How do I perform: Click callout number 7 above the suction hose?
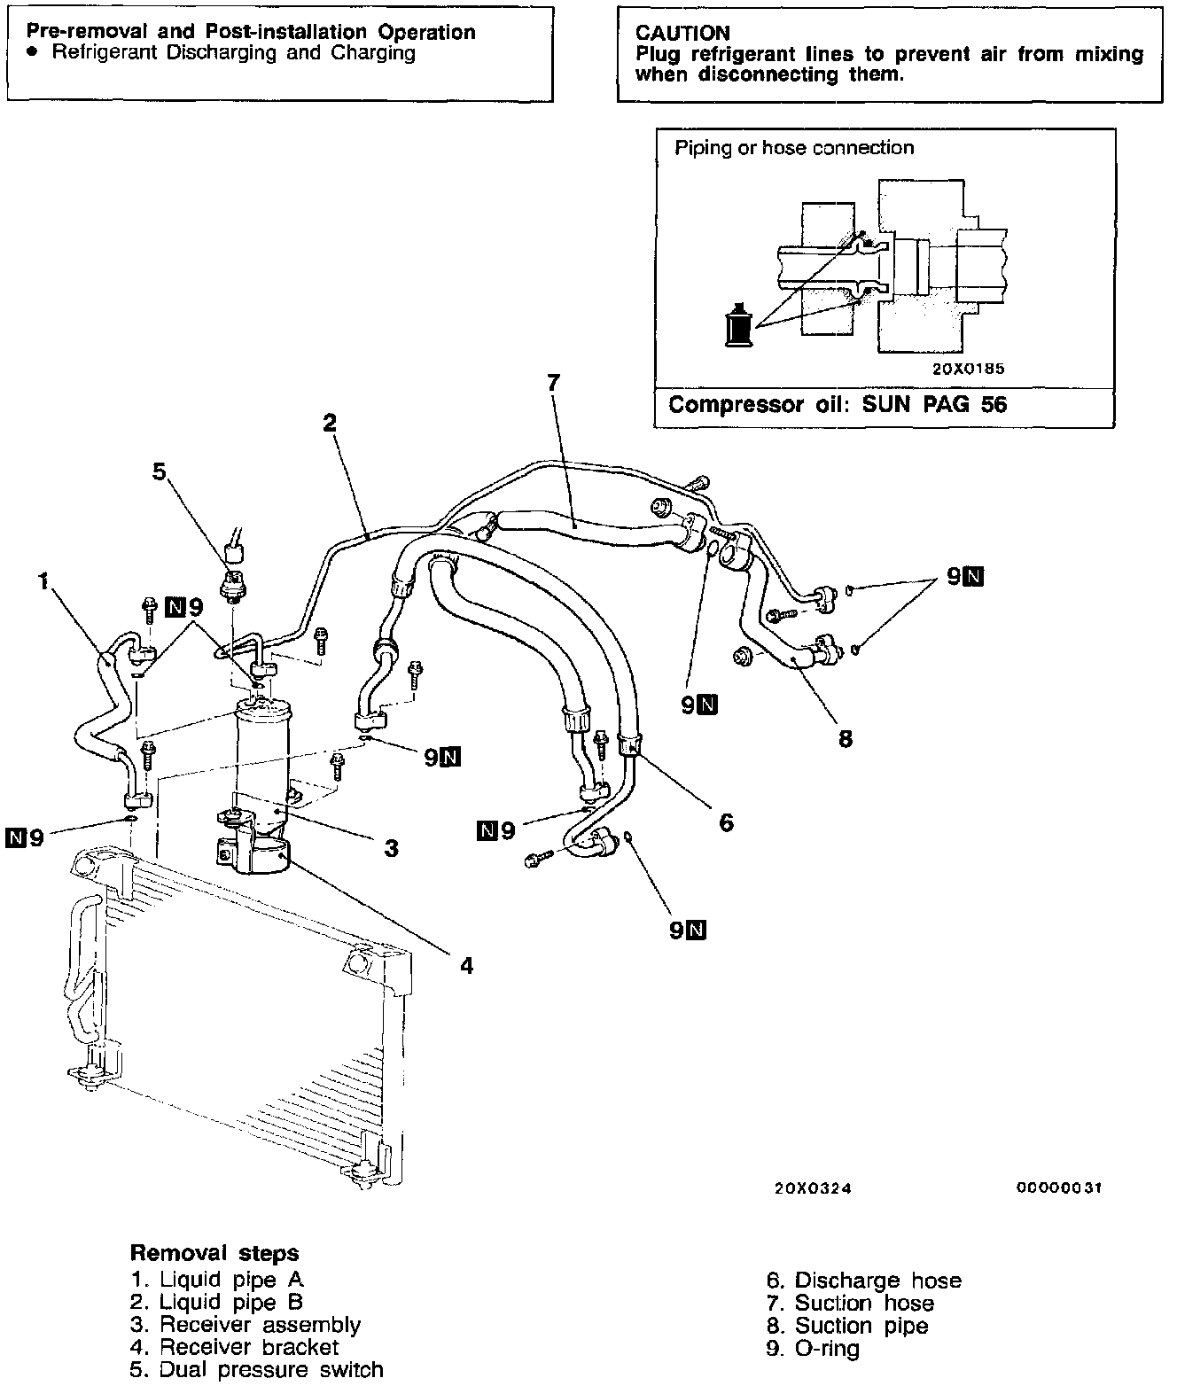click(x=554, y=383)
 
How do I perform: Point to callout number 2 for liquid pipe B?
click(x=330, y=423)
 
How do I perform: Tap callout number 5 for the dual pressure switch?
click(x=159, y=471)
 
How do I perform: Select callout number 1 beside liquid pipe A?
click(x=43, y=581)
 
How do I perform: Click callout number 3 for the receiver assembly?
click(x=391, y=848)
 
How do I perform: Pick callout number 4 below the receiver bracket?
click(x=466, y=965)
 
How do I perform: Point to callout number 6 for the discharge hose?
click(x=726, y=822)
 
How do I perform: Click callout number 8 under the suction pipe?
click(x=846, y=738)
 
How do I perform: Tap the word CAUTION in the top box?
click(x=682, y=34)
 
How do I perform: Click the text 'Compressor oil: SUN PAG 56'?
click(x=838, y=405)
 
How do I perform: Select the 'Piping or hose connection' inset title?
click(x=794, y=148)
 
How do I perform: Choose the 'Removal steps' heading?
click(x=214, y=1253)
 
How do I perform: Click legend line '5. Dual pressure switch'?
click(x=257, y=1370)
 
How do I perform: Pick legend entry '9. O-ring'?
click(x=813, y=1349)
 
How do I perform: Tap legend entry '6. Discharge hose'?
click(x=864, y=1281)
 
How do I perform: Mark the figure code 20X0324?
click(x=813, y=1189)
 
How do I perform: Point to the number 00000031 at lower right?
click(x=1059, y=1189)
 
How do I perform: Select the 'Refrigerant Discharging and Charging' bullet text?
click(x=234, y=52)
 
